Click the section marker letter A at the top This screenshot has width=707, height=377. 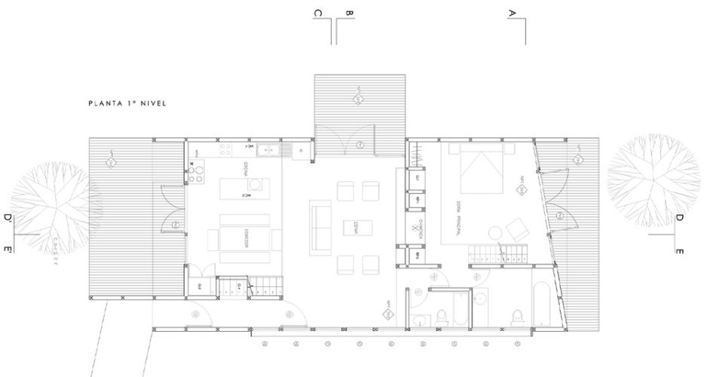tap(513, 14)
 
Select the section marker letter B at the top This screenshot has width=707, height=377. tap(349, 14)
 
